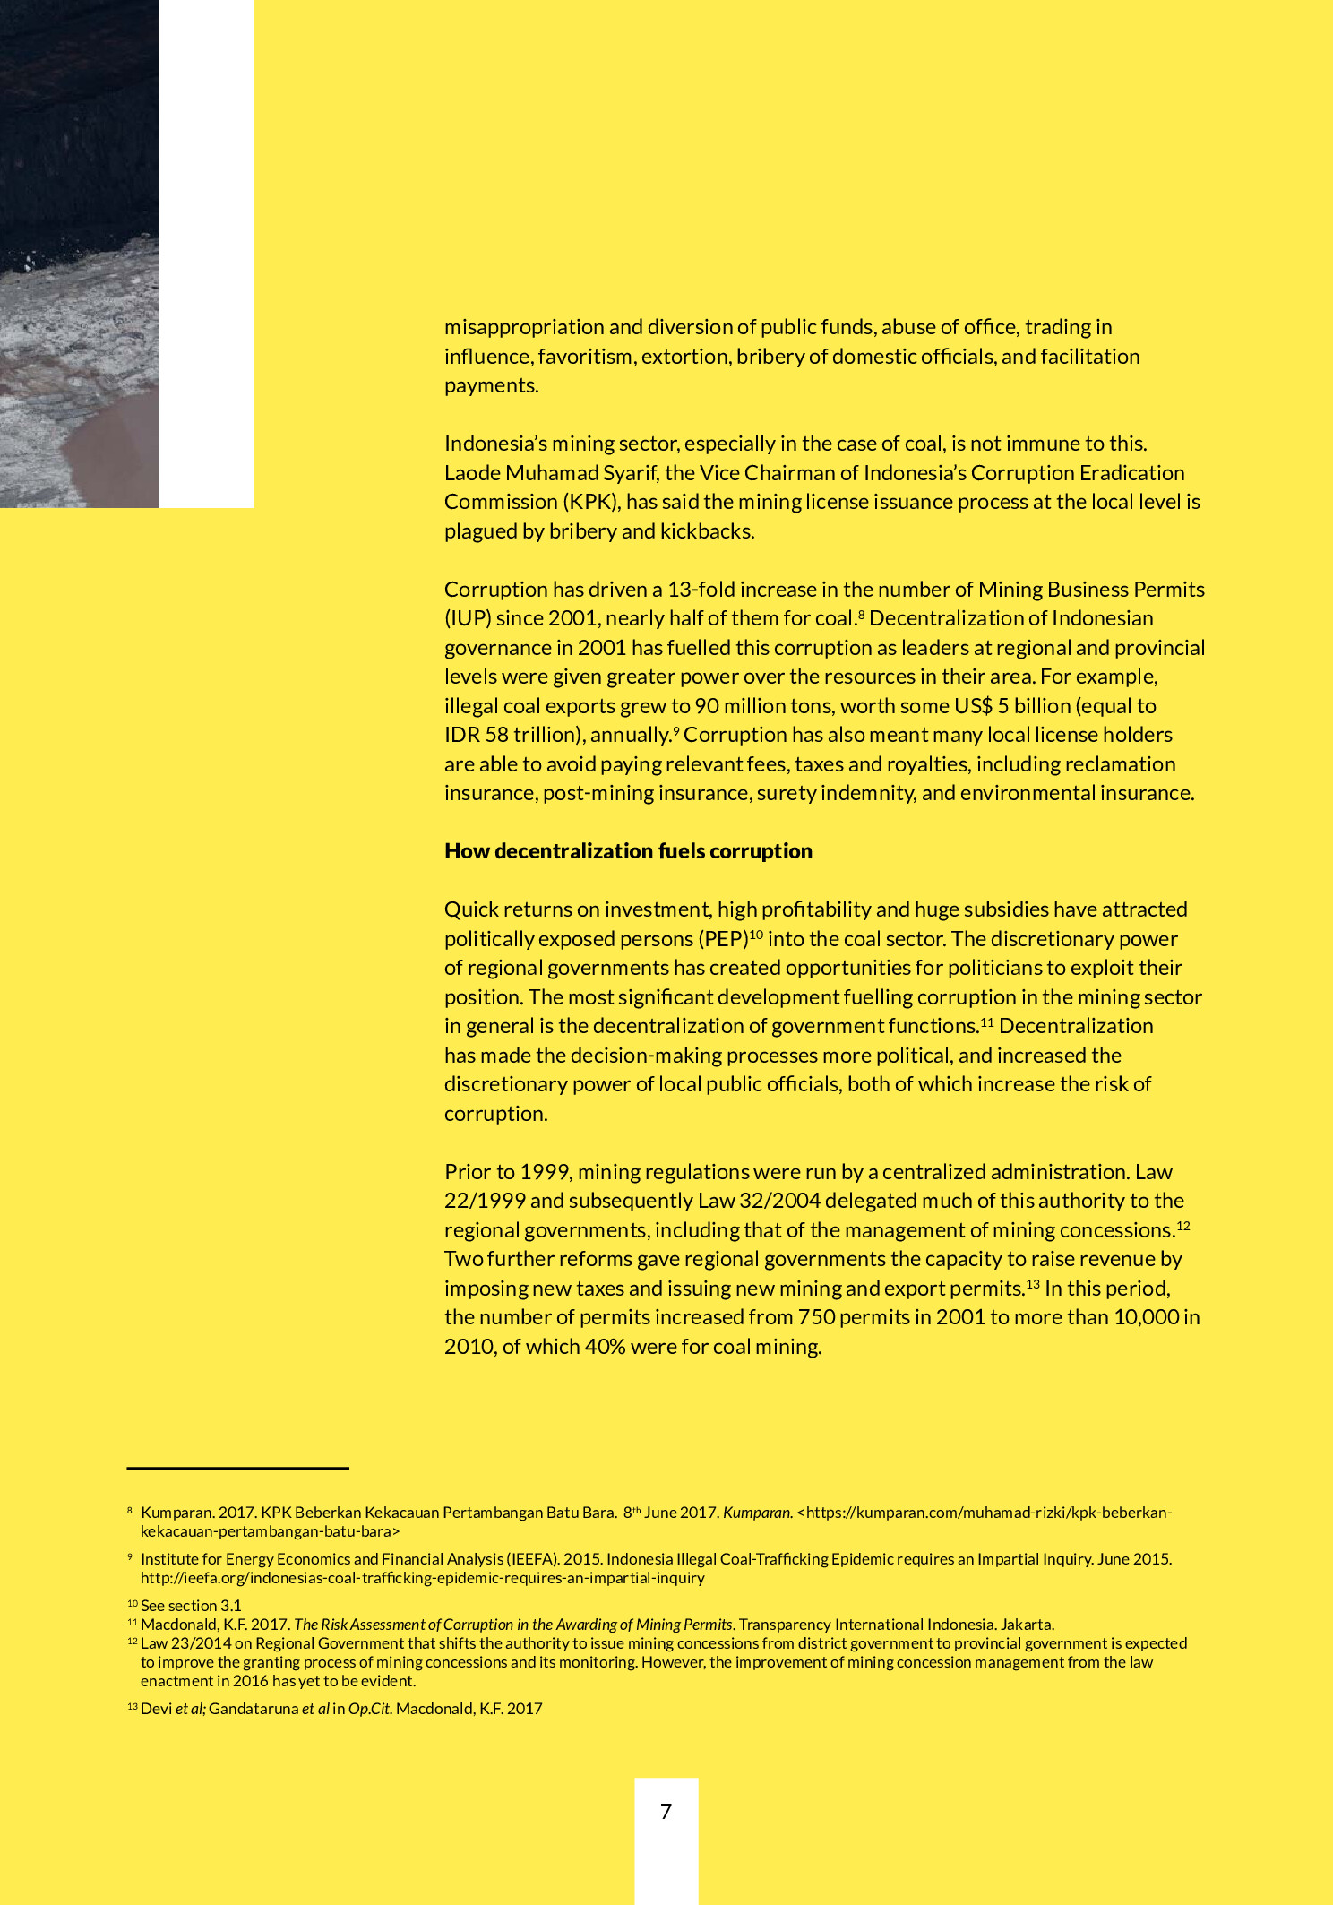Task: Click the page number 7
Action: (666, 1811)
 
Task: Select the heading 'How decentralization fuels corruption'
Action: (628, 851)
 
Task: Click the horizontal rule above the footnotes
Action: (237, 1468)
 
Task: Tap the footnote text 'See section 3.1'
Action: (191, 1605)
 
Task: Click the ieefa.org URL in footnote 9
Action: (422, 1577)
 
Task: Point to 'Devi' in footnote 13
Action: (156, 1708)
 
